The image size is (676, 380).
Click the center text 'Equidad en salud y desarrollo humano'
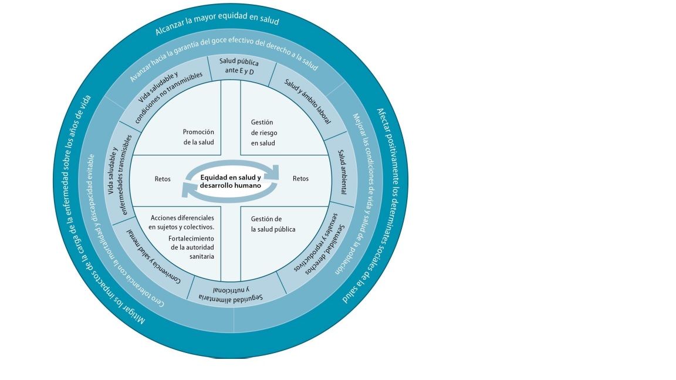(x=230, y=181)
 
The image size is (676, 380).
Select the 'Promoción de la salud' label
(x=198, y=137)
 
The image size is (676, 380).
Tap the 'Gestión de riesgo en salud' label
(x=263, y=133)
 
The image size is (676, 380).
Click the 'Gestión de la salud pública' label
(x=273, y=224)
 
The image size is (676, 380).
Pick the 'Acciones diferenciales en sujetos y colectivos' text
(x=182, y=222)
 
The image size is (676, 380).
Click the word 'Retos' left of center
(x=163, y=179)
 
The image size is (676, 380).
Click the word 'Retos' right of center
(x=300, y=179)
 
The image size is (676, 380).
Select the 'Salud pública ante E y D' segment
(x=239, y=66)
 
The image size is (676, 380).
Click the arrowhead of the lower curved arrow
(x=187, y=189)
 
